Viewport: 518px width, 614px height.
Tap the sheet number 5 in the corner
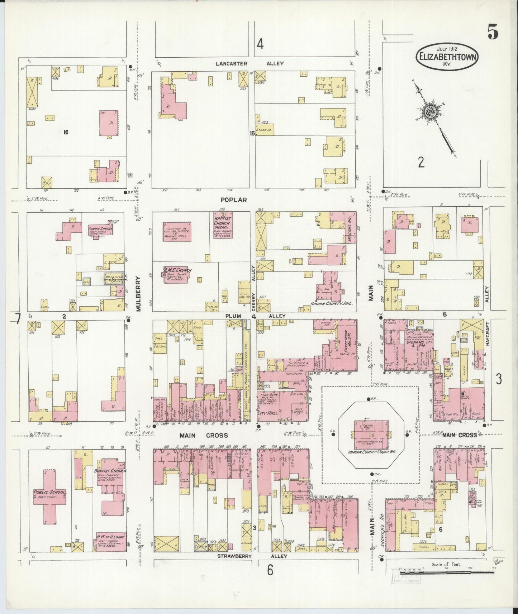pos(493,33)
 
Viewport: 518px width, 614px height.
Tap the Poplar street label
pos(234,200)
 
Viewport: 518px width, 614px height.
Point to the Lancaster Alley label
pos(250,63)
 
